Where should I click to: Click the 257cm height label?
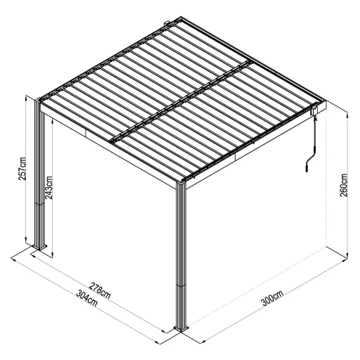tap(23, 172)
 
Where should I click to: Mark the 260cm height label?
tap(345, 184)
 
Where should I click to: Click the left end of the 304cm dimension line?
tap(13, 259)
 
